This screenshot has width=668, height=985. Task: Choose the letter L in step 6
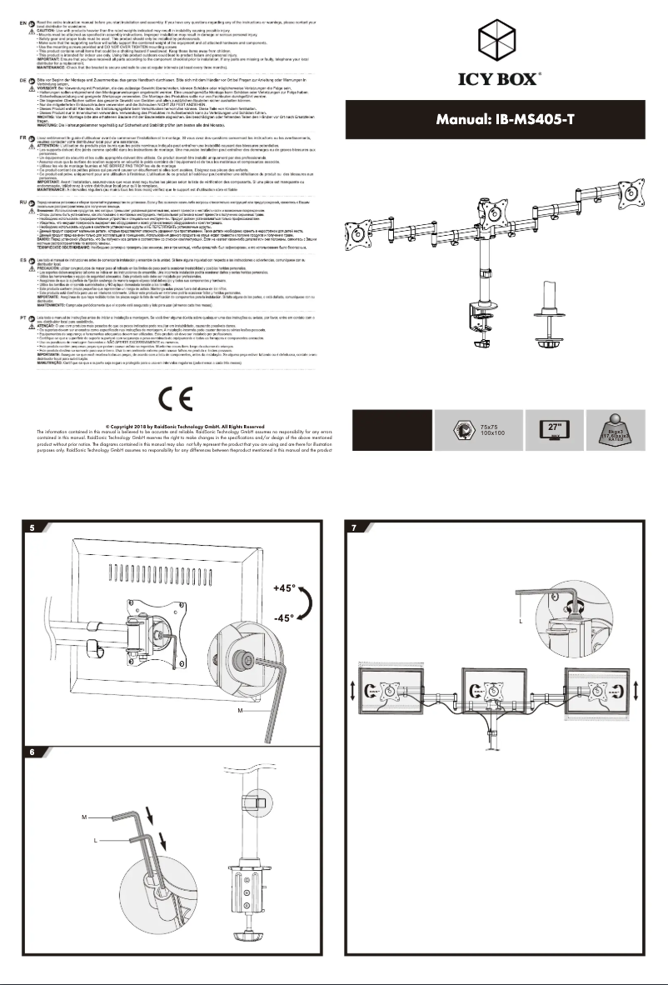[x=97, y=841]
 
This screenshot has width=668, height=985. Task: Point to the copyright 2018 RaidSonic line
[x=175, y=424]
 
